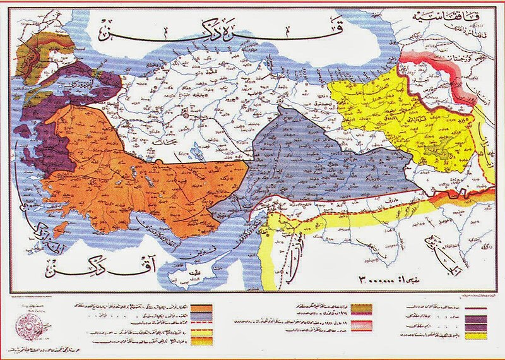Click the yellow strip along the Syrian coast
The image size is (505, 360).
(x=272, y=253)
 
